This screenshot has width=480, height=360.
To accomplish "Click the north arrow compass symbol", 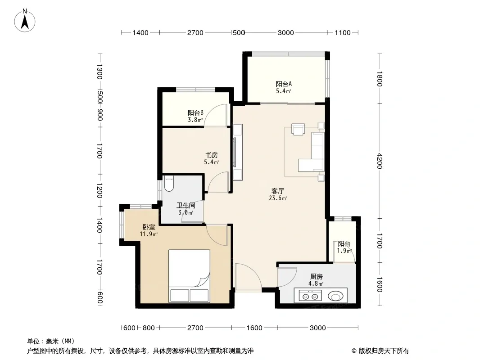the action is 25,21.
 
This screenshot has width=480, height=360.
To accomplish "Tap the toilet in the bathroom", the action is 169,183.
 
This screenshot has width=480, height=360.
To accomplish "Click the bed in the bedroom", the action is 189,276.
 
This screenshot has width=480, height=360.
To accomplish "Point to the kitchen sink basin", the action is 336,296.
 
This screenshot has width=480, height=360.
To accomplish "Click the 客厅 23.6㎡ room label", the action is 278,194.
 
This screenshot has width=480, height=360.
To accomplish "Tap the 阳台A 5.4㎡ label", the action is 284,87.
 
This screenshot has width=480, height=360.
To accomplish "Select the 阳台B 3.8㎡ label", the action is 195,116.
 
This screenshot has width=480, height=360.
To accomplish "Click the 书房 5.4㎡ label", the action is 212,159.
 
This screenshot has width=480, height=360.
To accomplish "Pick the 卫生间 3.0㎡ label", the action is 186,209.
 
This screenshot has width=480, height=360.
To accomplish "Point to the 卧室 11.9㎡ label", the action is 149,230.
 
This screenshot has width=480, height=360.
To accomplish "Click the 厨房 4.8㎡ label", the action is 316,280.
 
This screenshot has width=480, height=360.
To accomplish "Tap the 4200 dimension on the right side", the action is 380,161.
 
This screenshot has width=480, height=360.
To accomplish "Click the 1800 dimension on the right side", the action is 380,79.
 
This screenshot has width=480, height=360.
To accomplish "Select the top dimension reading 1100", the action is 343,33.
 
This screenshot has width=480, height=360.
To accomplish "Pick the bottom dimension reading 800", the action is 149,328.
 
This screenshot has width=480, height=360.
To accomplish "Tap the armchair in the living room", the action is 298,129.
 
